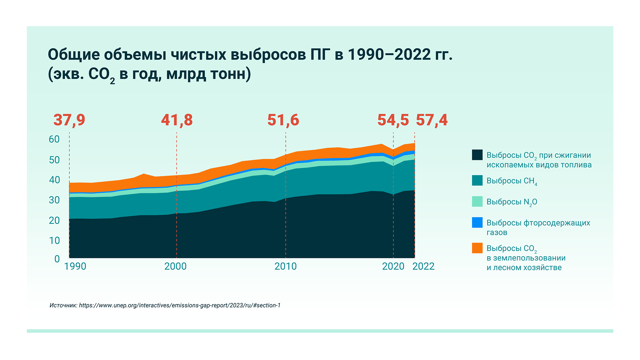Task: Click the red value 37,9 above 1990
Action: click(x=69, y=120)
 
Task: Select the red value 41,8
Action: click(x=177, y=120)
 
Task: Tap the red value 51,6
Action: click(x=283, y=120)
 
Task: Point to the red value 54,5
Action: click(x=393, y=120)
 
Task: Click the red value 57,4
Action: click(x=432, y=120)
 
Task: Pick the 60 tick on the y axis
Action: click(x=54, y=139)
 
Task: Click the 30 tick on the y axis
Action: click(x=54, y=200)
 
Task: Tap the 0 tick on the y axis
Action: click(x=57, y=259)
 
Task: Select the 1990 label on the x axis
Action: click(x=75, y=267)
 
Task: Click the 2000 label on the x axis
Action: click(x=175, y=267)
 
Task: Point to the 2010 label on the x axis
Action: click(x=285, y=267)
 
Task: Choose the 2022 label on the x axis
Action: click(x=423, y=267)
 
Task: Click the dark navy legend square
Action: click(x=477, y=155)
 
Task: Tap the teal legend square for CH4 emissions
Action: click(x=477, y=180)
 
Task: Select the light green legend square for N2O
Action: click(x=477, y=202)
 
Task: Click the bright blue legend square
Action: click(x=477, y=223)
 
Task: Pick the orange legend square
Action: click(x=477, y=248)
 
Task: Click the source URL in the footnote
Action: click(x=180, y=305)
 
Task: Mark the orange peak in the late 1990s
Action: click(x=144, y=175)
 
